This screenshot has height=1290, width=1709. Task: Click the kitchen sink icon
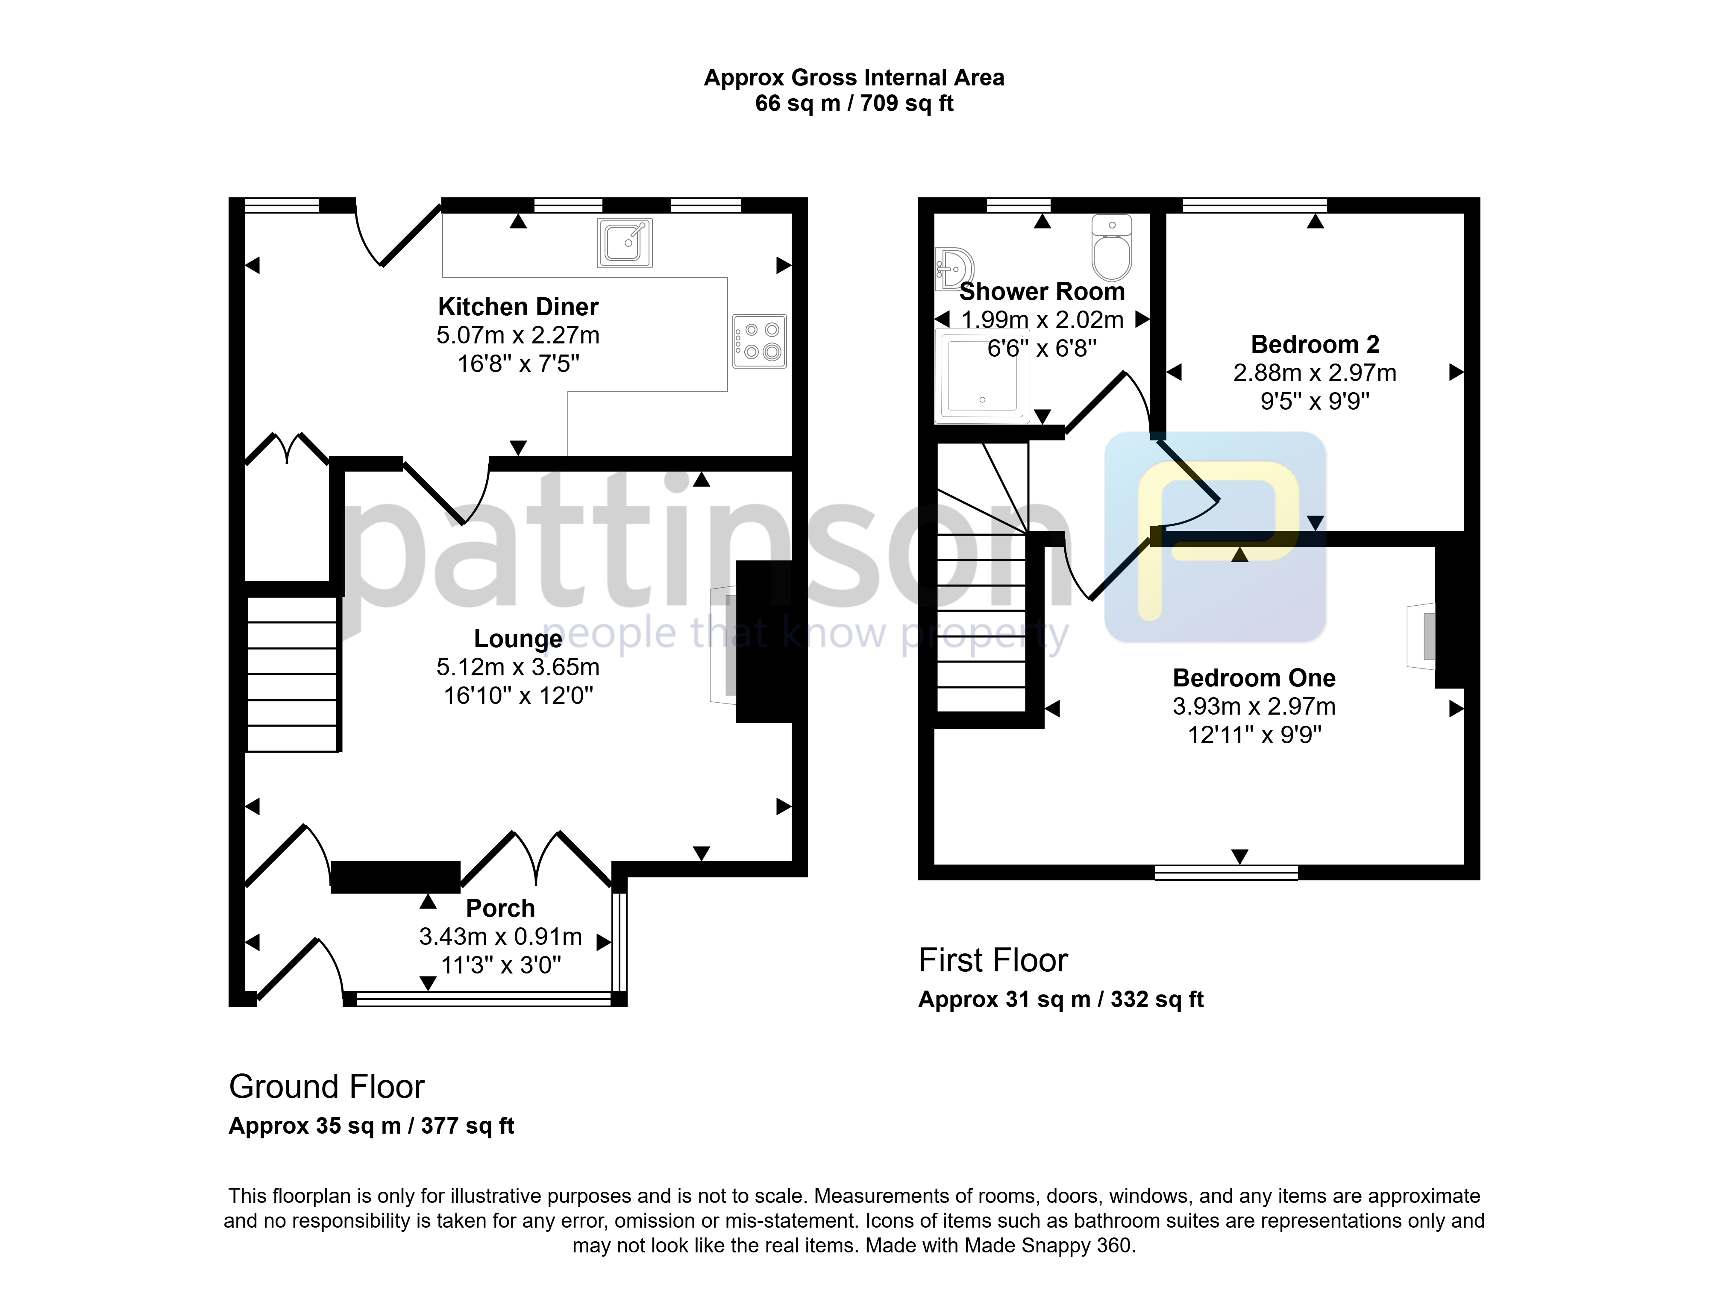click(624, 243)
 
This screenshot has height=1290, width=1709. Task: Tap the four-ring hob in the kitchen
click(760, 340)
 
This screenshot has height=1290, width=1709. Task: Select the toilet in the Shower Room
click(1112, 247)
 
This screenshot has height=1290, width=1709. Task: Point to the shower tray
click(981, 376)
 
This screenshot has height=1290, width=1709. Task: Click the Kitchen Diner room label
click(518, 307)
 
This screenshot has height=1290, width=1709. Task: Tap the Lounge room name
click(518, 639)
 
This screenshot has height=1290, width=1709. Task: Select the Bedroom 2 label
click(1315, 344)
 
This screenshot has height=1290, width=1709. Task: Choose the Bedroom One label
click(1254, 677)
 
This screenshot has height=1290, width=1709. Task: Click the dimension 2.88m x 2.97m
click(1315, 372)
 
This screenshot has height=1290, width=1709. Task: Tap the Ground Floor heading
click(327, 1087)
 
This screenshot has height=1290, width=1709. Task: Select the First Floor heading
click(993, 960)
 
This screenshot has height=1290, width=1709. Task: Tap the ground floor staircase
click(292, 674)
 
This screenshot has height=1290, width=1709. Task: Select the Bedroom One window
click(1226, 873)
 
